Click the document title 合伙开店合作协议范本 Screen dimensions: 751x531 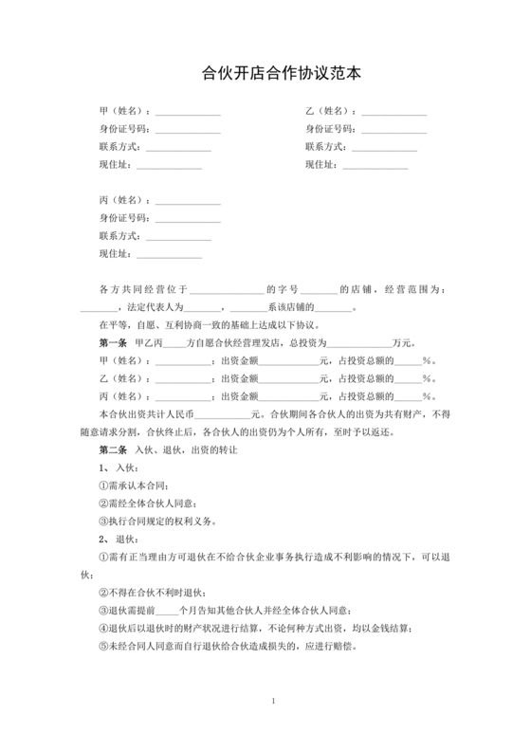point(265,71)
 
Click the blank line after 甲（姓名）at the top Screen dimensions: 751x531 point(188,113)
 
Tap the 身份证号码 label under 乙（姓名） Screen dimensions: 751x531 point(329,129)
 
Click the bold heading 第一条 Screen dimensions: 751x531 point(113,342)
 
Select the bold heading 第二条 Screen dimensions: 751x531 point(113,450)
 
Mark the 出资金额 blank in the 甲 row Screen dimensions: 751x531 point(289,361)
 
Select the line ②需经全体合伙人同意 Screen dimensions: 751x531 point(152,504)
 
